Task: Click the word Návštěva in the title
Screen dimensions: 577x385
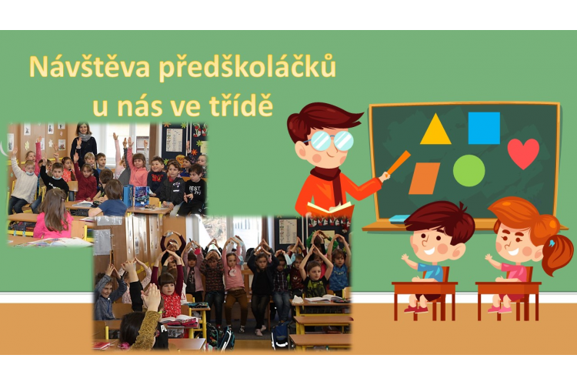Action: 89,67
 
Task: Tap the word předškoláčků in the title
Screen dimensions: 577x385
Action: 248,68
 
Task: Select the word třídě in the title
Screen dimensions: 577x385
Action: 241,105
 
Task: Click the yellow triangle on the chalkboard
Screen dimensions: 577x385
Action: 435,129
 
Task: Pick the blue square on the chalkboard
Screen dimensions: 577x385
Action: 484,128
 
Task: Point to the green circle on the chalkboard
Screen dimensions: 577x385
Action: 469,171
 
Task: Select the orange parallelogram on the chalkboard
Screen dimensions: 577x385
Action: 424,179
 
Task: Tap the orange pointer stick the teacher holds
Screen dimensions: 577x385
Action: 399,162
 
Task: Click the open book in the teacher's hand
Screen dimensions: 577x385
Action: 330,209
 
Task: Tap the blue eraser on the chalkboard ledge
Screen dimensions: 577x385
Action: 399,219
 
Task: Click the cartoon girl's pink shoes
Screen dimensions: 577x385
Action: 499,309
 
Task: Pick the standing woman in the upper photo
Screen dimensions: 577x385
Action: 84,142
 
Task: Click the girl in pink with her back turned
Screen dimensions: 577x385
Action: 53,216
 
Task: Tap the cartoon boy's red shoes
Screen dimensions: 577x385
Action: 415,309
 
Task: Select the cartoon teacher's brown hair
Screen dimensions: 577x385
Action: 321,119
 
